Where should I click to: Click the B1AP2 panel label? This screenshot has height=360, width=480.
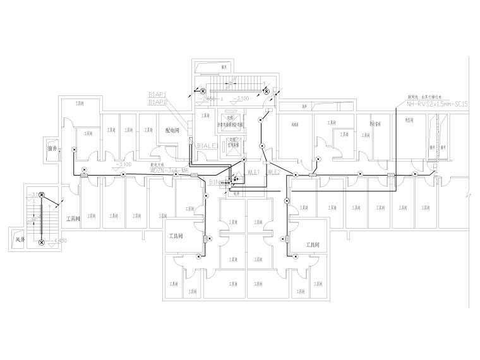click(157, 102)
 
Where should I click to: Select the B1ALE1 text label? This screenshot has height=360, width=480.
click(207, 146)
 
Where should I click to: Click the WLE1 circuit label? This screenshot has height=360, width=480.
click(255, 172)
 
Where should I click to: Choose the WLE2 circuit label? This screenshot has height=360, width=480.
click(273, 172)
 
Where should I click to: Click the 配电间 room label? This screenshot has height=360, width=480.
click(172, 130)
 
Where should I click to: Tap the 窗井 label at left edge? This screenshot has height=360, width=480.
click(53, 149)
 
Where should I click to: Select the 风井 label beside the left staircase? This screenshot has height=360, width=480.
click(20, 239)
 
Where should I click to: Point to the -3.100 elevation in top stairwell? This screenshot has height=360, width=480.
click(241, 99)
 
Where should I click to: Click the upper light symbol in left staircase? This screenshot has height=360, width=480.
click(42, 196)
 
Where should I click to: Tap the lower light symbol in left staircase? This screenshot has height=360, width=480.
click(42, 242)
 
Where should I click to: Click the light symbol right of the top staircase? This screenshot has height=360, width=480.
click(266, 92)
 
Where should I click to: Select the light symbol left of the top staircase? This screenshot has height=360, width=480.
click(203, 92)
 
